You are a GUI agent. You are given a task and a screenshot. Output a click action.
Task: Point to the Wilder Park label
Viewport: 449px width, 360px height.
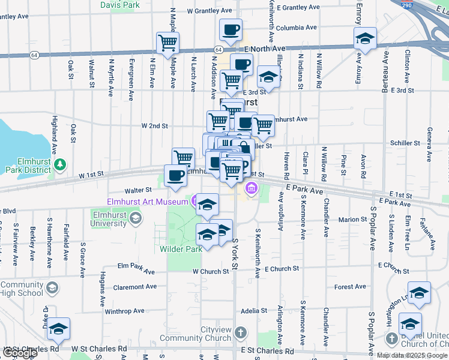click(x=180, y=248)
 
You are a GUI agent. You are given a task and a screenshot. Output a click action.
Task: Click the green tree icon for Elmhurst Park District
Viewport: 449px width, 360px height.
click(x=59, y=164)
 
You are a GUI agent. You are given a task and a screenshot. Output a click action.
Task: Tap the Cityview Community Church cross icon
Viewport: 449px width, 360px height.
click(x=240, y=332)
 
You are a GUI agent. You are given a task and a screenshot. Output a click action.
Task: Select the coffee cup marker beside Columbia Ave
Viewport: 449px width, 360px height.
click(x=231, y=29)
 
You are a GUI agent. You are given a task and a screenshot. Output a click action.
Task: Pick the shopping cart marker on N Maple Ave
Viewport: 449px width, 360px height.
click(x=167, y=43)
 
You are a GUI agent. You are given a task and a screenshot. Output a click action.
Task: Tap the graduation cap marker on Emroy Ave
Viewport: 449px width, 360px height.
click(x=365, y=40)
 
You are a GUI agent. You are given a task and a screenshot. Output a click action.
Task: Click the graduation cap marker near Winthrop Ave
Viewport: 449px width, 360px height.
click(x=59, y=329)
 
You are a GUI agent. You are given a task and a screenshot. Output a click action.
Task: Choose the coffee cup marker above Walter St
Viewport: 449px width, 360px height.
click(x=175, y=175)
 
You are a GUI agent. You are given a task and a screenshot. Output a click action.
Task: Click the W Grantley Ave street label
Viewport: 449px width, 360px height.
click(x=209, y=11)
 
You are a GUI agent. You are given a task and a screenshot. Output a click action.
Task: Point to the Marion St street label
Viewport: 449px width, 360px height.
click(x=348, y=220)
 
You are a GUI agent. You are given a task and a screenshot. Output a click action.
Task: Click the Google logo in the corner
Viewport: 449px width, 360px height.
click(x=20, y=353)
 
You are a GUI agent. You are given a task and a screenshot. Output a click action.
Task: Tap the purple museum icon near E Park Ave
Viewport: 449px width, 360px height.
click(x=251, y=190)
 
